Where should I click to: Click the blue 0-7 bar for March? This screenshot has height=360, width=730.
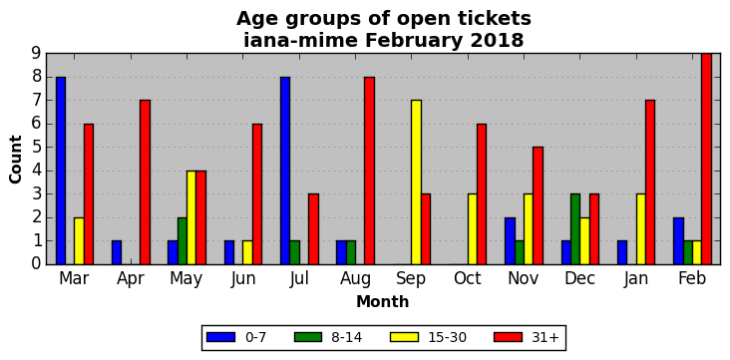(61, 171)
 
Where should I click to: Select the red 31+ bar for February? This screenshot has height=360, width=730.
(706, 159)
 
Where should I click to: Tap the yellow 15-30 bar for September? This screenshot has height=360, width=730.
(416, 182)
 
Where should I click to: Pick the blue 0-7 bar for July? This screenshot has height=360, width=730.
(285, 171)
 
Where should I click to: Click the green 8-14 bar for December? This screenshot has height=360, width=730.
(575, 229)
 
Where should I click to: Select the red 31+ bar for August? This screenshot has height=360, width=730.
(369, 171)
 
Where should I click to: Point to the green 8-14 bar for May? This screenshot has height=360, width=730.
(182, 240)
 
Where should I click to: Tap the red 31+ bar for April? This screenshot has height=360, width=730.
(145, 182)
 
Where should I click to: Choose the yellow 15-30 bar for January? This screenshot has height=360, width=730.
(641, 229)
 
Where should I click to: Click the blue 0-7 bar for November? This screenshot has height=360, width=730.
(510, 240)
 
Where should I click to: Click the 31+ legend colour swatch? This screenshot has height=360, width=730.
(508, 337)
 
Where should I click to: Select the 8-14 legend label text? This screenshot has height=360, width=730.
(346, 337)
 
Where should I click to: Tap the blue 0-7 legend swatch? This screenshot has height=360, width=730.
(220, 337)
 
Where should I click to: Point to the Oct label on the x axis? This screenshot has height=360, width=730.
(468, 278)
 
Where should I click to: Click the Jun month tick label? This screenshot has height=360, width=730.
(243, 279)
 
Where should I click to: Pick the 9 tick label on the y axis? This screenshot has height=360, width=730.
(37, 53)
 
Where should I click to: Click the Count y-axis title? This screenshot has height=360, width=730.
(15, 160)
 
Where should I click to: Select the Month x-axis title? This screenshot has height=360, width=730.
(383, 302)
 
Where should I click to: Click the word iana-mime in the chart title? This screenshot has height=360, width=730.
(301, 40)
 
